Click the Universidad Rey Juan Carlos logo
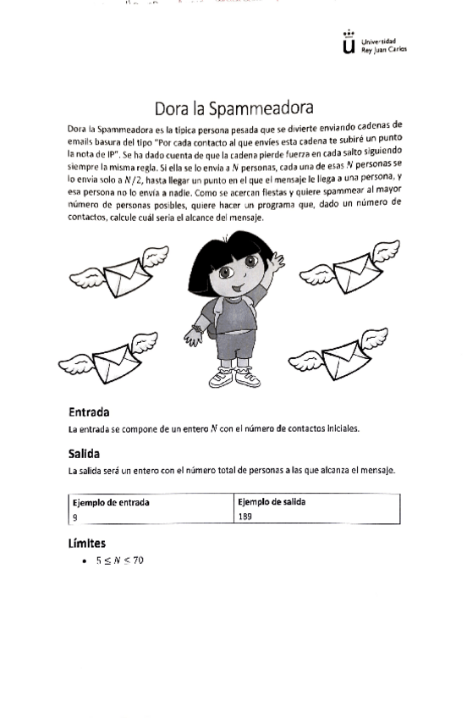point(373,44)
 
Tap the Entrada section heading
point(89,412)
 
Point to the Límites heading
point(86,543)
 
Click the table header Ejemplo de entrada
point(111,502)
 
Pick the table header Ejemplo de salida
point(272,502)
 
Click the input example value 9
point(75,516)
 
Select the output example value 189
point(246,516)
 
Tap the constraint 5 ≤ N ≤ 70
point(119,561)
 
